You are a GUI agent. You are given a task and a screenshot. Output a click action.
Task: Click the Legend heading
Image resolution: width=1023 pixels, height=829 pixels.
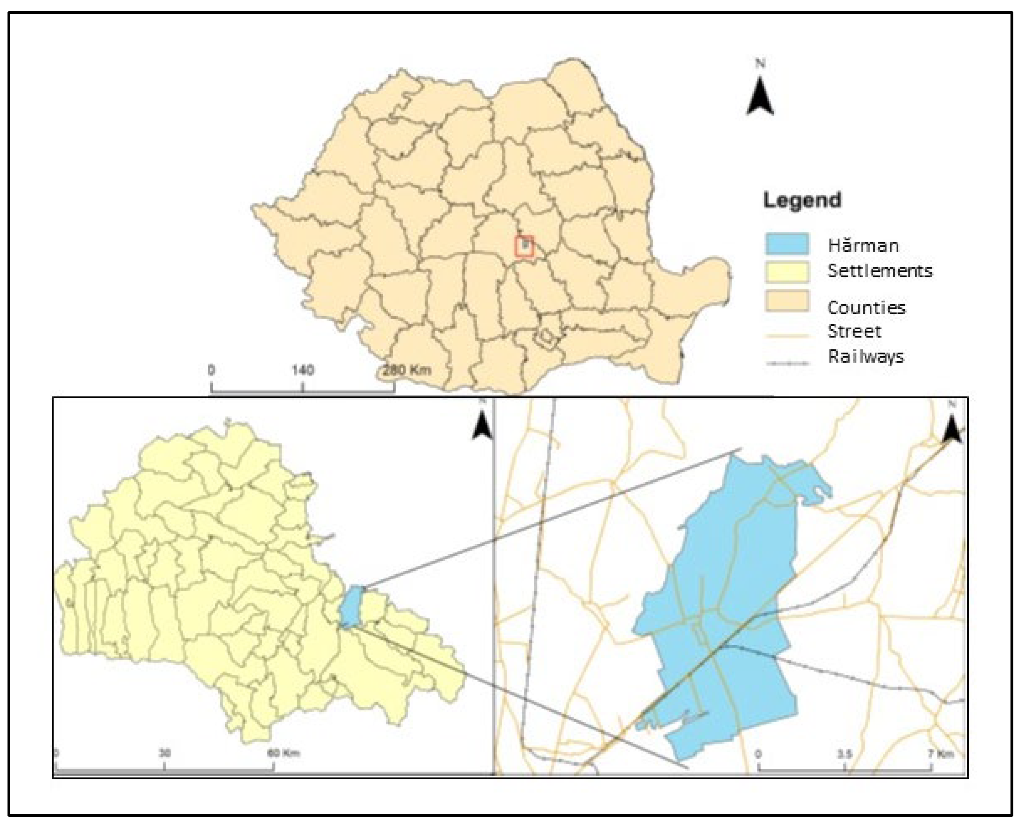coord(802,200)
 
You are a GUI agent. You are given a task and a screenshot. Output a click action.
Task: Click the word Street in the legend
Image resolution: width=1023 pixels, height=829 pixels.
coord(854,331)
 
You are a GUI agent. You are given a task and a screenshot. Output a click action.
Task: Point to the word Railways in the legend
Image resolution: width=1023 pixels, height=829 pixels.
coord(866,357)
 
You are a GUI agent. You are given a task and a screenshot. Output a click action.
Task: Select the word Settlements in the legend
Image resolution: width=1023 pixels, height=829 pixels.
coord(880,271)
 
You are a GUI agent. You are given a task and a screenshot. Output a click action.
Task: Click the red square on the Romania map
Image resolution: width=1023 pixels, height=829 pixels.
coord(524,246)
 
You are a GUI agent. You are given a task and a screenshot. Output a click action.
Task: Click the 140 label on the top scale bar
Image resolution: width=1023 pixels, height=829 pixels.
coord(303,370)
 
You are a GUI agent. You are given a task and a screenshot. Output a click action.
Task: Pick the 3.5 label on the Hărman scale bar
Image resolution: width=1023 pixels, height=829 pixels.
coord(844,754)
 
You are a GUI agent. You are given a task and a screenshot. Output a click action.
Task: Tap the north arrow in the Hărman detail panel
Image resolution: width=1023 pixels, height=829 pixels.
coord(952,428)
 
